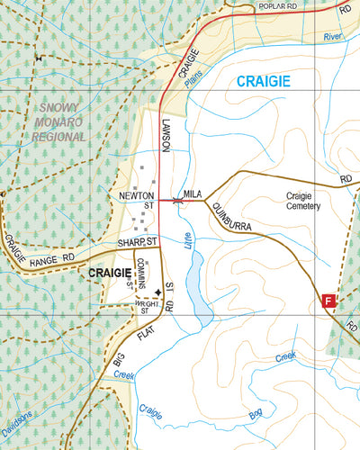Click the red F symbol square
[328, 301]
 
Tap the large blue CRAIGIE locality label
[265, 81]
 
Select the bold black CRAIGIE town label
[110, 271]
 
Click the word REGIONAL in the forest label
[58, 137]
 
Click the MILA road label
[192, 193]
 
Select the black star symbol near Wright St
[157, 292]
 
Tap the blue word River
[333, 38]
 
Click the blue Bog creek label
[256, 415]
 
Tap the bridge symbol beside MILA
[178, 200]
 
